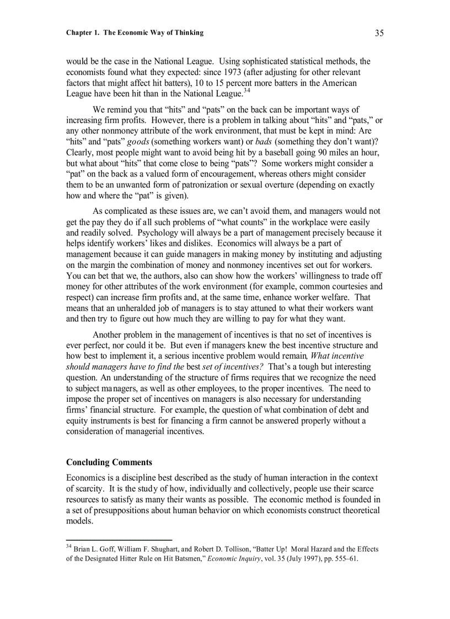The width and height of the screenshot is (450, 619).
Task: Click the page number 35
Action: point(379,33)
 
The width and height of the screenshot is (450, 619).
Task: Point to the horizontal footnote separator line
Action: point(119,540)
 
